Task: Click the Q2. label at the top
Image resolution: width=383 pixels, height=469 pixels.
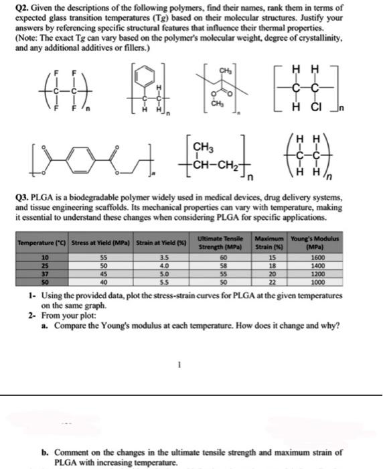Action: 23,6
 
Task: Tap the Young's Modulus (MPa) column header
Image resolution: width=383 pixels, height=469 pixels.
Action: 339,241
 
